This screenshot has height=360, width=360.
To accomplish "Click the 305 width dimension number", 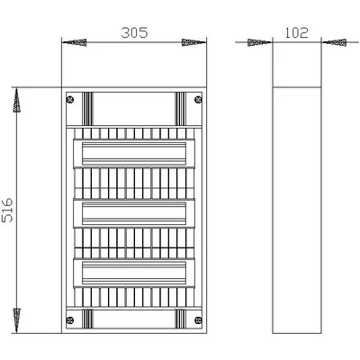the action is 134,32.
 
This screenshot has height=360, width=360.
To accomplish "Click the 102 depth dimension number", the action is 296,32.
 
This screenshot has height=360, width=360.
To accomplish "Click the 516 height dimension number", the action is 7,210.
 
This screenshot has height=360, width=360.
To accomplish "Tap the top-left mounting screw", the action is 70,99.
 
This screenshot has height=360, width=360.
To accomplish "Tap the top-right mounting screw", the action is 198,99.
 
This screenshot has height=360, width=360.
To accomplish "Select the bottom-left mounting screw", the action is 70,320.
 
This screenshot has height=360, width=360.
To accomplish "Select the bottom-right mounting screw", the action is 198,320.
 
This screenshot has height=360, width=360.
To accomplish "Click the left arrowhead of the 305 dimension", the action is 74,42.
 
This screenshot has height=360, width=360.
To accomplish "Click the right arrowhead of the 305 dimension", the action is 194,42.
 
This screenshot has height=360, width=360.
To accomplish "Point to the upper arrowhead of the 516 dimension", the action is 17,100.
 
